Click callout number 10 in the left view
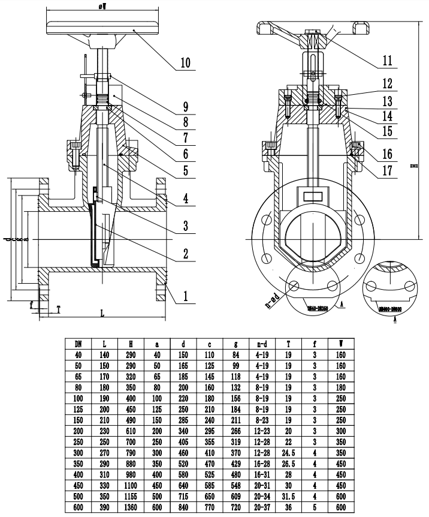[x=185, y=62]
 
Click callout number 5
[x=185, y=170]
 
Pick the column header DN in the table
[x=78, y=344]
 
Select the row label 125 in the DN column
[x=78, y=408]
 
